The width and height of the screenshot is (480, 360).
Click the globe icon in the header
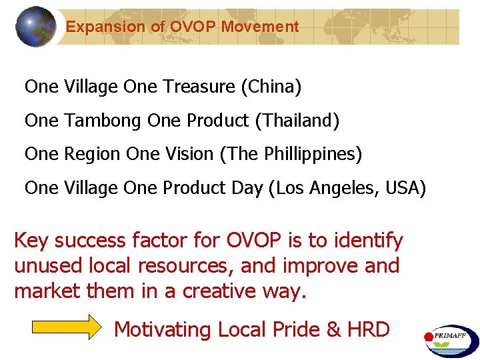(36, 27)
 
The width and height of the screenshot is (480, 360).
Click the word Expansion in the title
(96, 27)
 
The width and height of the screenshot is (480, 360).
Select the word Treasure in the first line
(199, 87)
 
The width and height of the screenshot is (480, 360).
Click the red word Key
(32, 241)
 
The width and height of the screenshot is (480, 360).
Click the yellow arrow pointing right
(65, 329)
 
